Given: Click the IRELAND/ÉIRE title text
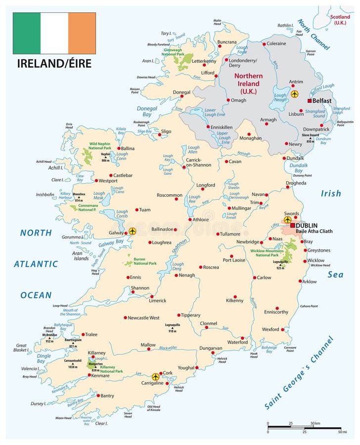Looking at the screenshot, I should (54, 63).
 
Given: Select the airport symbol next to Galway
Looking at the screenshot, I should (132, 231).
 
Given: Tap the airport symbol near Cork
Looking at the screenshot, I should (156, 376).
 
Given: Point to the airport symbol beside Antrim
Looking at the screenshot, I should (295, 93).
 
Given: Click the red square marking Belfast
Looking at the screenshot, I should (310, 100).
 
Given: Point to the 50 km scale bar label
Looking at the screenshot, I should (315, 424).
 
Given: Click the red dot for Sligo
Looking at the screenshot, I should (159, 134).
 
